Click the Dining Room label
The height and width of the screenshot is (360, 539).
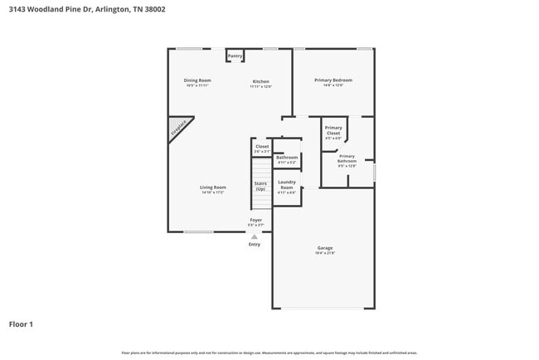[x=197, y=80]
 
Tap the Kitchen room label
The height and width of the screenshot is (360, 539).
[x=261, y=80]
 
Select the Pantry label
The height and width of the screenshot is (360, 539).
[x=235, y=56]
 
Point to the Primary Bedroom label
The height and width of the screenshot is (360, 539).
[x=333, y=80]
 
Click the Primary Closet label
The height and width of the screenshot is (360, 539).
[x=333, y=130]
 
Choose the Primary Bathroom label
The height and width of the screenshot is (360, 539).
[x=347, y=158]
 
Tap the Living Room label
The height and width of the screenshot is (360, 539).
[x=213, y=187]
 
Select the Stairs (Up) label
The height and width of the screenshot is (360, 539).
[x=260, y=186]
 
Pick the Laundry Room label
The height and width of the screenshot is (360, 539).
[x=287, y=185]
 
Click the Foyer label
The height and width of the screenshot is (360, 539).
[x=255, y=220]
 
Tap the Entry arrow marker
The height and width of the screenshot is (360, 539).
[x=255, y=236]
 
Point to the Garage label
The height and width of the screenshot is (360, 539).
[x=325, y=248]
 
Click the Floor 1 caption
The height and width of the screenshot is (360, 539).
[x=21, y=324]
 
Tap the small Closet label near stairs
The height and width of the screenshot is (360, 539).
[x=262, y=147]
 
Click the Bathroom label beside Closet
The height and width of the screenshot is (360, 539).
[x=287, y=158]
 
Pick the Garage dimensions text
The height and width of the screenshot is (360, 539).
[x=325, y=253]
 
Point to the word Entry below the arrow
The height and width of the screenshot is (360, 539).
[x=255, y=244]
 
